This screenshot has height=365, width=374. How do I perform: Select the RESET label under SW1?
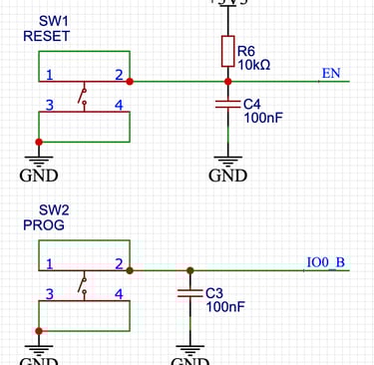[x=47, y=36]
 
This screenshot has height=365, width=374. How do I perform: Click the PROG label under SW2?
[x=44, y=226]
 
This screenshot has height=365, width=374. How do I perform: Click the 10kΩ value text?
[x=253, y=64]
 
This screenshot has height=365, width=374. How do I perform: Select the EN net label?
[x=331, y=74]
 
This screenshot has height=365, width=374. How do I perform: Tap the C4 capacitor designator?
[x=253, y=103]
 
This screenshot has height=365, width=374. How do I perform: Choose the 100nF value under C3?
[x=225, y=307]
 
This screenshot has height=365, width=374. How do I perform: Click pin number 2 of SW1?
[x=119, y=75]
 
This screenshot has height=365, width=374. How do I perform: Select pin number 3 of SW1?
[x=48, y=105]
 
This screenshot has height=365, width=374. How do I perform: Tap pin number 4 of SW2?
[x=119, y=294]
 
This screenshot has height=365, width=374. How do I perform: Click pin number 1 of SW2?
[x=48, y=264]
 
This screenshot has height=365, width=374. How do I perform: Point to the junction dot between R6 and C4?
[x=228, y=82]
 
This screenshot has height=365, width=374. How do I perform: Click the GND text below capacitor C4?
[x=228, y=177]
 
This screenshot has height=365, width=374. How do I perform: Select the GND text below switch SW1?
[x=39, y=177]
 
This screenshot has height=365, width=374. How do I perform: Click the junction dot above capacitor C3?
[x=189, y=270]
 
